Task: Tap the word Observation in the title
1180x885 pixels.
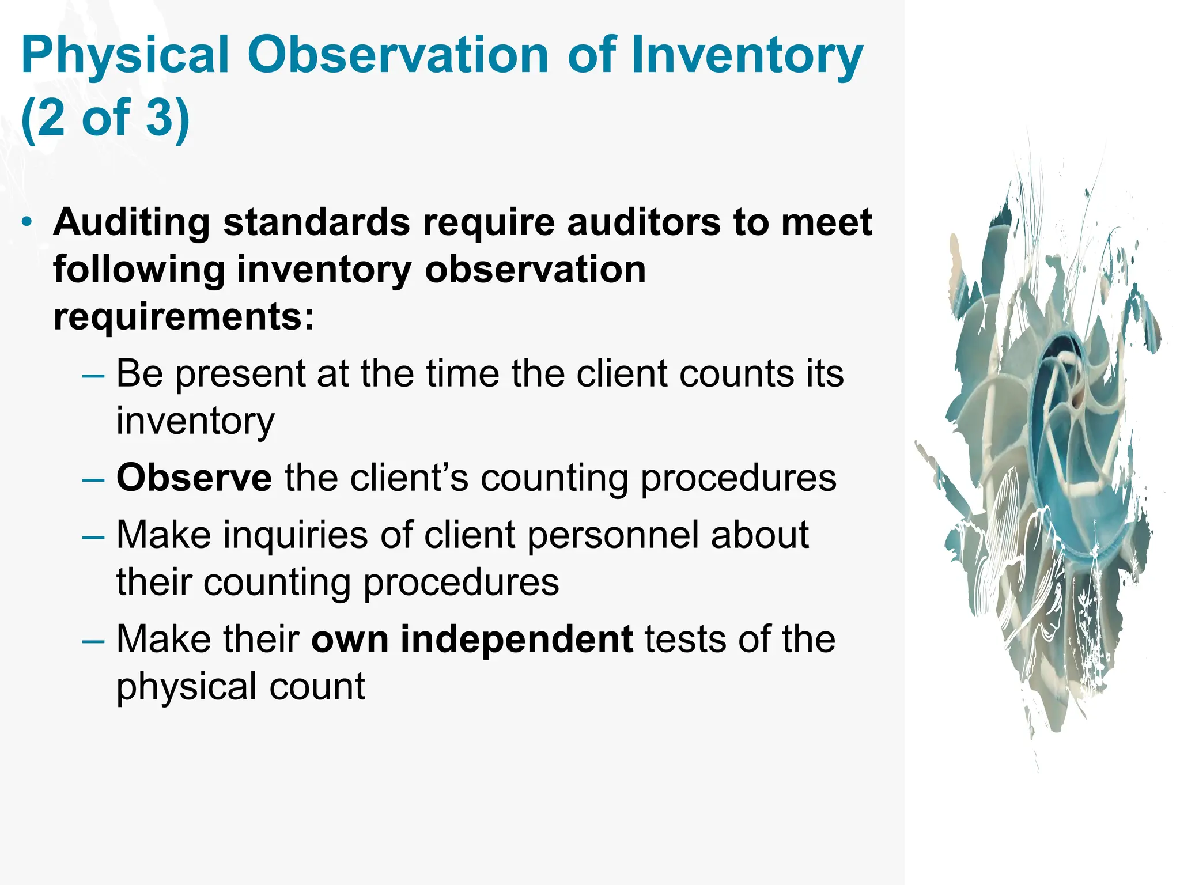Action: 398,55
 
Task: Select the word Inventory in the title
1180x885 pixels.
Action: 747,56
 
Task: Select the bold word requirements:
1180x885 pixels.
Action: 184,317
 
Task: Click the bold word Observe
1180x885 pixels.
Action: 194,478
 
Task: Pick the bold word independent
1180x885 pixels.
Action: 517,640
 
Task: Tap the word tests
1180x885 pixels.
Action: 684,640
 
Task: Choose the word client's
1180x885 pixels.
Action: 409,478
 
